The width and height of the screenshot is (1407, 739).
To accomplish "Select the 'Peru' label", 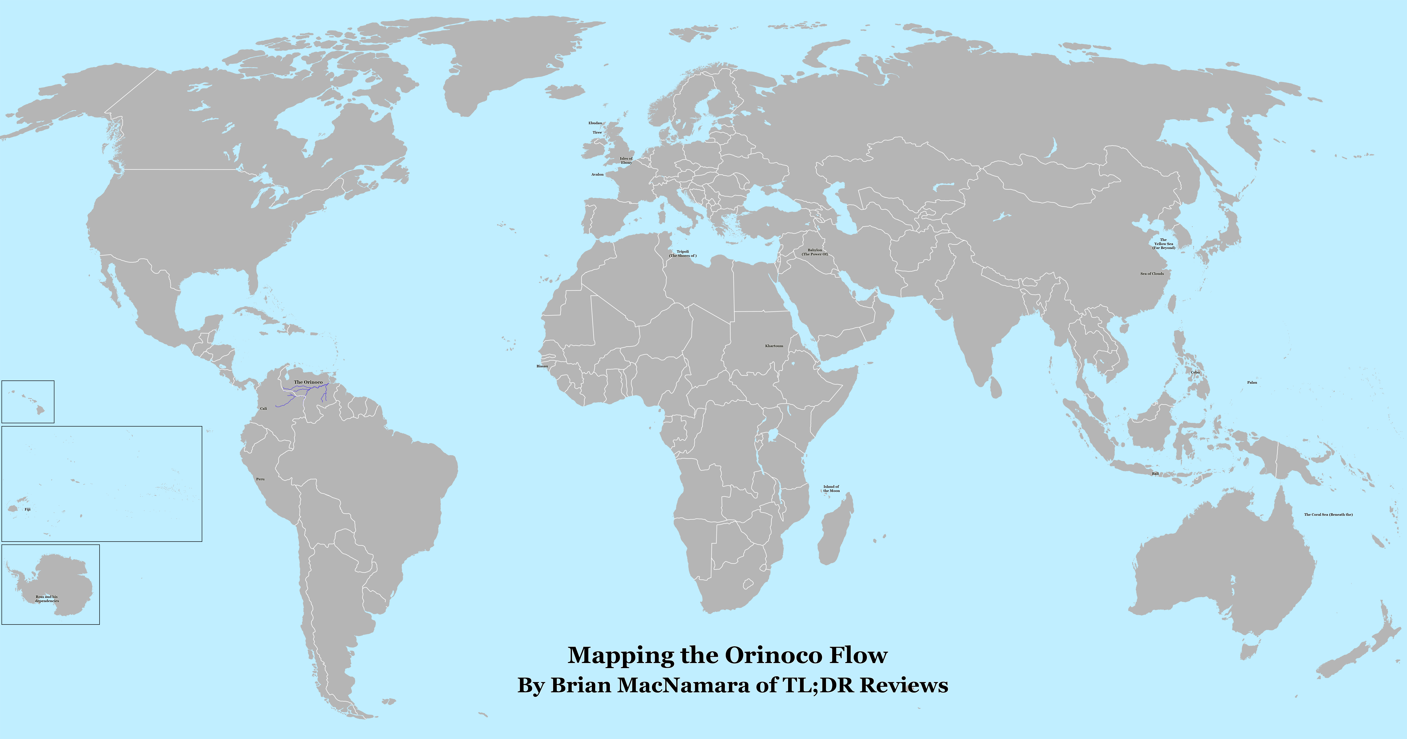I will [260, 479].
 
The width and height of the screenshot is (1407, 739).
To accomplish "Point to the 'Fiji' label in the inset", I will [27, 509].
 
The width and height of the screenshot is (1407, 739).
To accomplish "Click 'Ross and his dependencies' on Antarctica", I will [47, 599].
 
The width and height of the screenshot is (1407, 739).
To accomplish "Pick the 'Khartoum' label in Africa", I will [774, 346].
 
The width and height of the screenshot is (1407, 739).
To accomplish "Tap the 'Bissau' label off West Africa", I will [542, 366].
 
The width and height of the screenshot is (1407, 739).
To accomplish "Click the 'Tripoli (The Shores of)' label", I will [683, 253].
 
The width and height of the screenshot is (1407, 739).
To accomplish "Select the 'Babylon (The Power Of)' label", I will [815, 252].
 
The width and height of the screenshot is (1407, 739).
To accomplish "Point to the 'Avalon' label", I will [598, 174].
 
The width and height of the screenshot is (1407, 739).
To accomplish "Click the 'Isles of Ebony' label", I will [626, 161].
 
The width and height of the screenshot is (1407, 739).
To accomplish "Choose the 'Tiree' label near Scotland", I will [597, 132].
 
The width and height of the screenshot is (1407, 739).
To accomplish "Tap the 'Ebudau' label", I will [595, 123].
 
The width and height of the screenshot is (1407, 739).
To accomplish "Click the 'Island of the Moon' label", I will [831, 488].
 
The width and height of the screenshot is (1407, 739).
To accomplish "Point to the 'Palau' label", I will [1252, 382].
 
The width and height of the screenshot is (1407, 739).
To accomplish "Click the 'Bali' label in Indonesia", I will [1155, 474].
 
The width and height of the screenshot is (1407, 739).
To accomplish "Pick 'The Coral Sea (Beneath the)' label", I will [1328, 514].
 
